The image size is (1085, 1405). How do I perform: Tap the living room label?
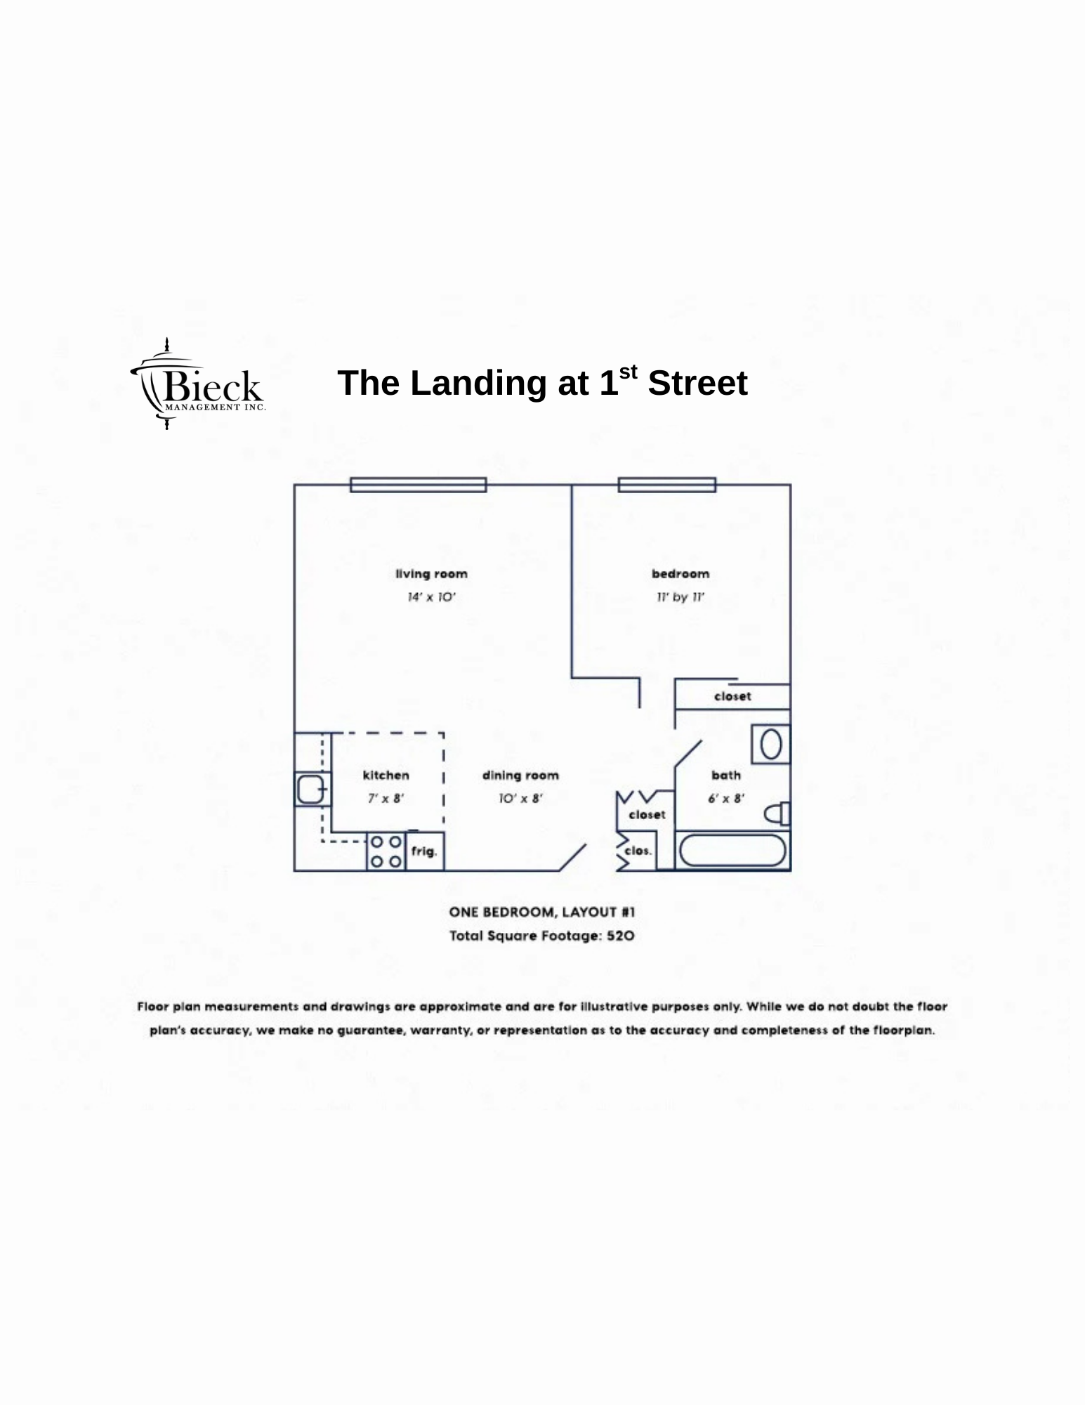[x=431, y=574]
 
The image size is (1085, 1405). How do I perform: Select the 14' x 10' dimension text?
[x=432, y=597]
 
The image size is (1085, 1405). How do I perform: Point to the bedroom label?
[x=680, y=574]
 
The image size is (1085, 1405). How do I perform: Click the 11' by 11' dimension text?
[x=680, y=597]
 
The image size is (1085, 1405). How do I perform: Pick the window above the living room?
[x=418, y=485]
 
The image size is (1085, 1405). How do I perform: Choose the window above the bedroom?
[x=667, y=485]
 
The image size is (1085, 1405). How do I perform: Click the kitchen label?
[x=386, y=775]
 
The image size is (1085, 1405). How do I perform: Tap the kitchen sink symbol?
[x=310, y=789]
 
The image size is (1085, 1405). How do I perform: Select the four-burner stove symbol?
[x=386, y=851]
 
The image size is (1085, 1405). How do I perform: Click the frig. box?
[x=424, y=851]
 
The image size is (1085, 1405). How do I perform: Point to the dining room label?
[x=520, y=775]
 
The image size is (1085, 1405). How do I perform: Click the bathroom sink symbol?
[x=770, y=745]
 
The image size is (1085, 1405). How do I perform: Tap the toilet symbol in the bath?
[x=777, y=813]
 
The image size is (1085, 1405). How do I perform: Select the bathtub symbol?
[x=732, y=851]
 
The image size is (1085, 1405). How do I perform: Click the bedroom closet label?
[x=732, y=696]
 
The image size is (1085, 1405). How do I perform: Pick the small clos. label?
[x=638, y=851]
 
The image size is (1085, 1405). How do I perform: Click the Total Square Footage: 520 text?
[x=542, y=936]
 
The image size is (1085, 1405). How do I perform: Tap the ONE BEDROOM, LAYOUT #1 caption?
[x=542, y=912]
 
